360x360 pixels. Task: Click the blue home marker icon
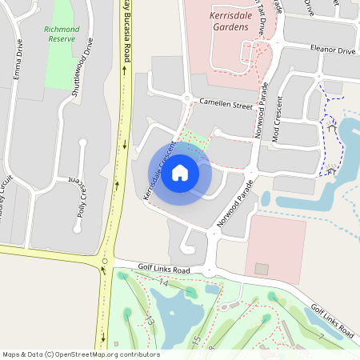[180, 173]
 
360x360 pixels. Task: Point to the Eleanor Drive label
[334, 50]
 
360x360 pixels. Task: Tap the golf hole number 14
[164, 283]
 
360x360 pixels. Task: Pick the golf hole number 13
[149, 320]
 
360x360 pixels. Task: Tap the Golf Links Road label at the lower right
[331, 318]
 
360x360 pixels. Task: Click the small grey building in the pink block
[262, 269]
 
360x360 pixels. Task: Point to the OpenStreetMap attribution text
[81, 354]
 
